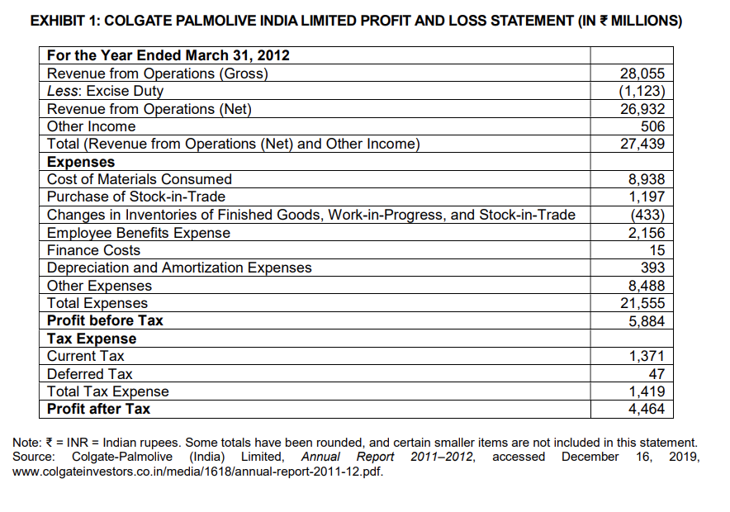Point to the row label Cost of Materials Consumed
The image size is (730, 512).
tap(140, 179)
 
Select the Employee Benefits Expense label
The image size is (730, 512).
tap(139, 233)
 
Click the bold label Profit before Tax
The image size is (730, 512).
tap(105, 320)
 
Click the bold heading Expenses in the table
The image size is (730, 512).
tap(81, 162)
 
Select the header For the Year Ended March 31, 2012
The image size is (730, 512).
tap(168, 56)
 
